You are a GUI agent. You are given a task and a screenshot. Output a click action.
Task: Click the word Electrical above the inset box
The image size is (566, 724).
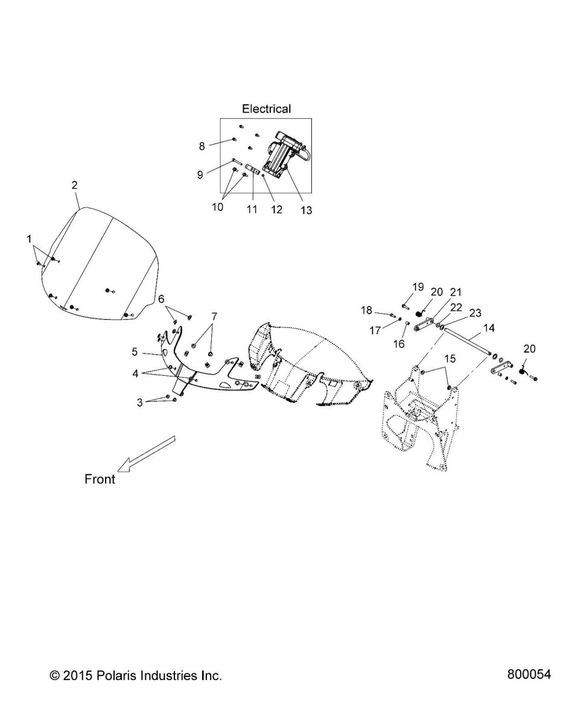pos(266,109)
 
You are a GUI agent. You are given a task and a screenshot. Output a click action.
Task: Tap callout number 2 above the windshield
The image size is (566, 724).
pos(74,185)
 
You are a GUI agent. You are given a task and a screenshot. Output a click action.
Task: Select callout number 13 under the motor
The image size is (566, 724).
pos(306,210)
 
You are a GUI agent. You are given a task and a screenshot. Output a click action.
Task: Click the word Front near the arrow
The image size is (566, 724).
pos(100,480)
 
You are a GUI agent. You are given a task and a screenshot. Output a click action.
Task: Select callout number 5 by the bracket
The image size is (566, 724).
pos(135,351)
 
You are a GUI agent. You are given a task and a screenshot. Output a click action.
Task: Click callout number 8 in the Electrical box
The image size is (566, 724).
pos(202,145)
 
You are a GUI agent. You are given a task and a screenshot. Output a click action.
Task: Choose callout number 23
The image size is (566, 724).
pos(475,313)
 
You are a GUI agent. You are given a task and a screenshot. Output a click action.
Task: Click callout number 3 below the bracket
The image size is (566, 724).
pos(140,402)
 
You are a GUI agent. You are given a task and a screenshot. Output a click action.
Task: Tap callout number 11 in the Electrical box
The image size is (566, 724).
pos(252,209)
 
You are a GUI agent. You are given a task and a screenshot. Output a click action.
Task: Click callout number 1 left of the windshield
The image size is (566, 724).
pos(28,240)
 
